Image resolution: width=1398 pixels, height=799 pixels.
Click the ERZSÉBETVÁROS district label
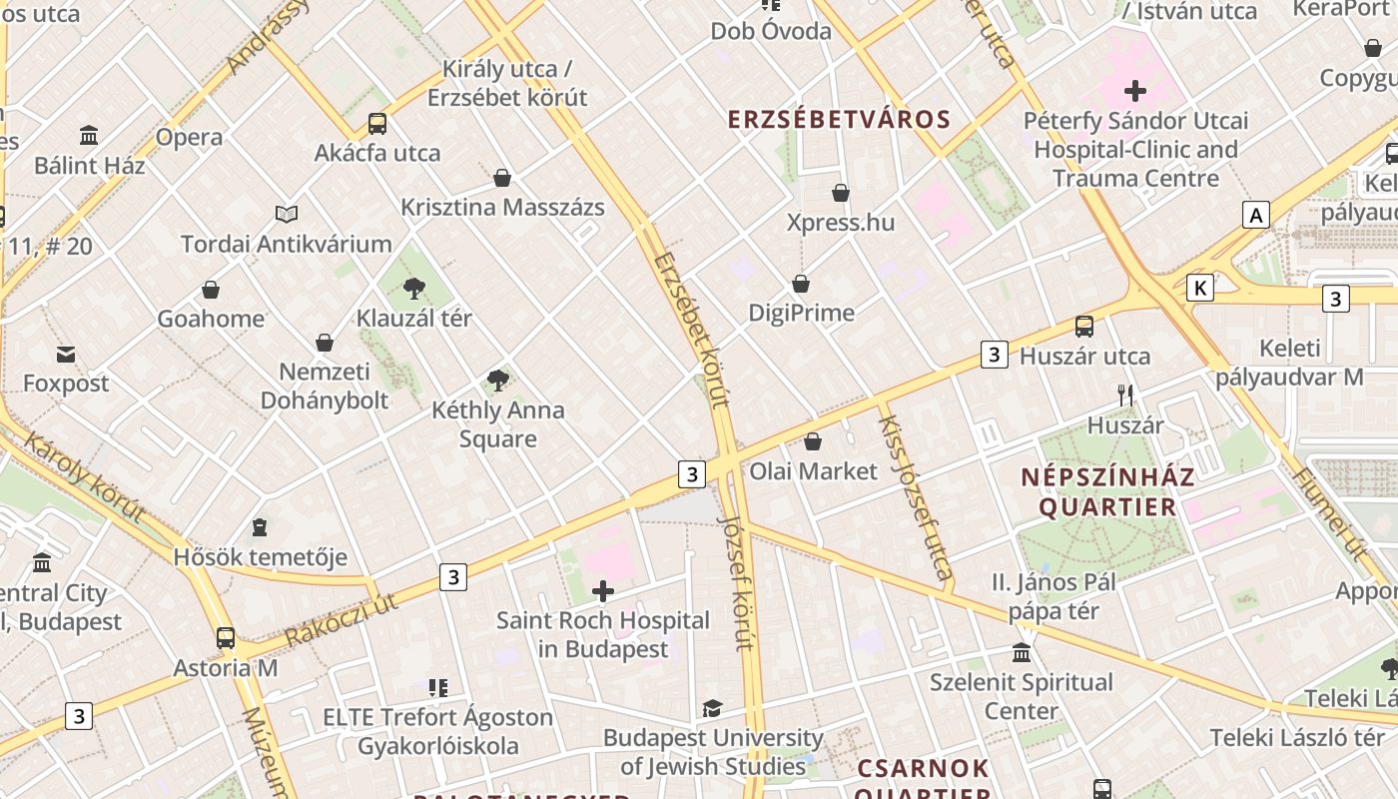coord(839,120)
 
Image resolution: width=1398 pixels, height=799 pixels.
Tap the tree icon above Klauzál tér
coord(413,290)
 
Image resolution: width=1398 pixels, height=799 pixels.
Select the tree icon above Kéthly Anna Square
coord(497,381)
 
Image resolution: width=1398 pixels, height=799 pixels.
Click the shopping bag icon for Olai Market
coord(813,441)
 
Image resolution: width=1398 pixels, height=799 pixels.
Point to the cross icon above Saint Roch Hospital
coord(603,591)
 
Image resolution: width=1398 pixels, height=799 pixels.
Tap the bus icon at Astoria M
coord(226,638)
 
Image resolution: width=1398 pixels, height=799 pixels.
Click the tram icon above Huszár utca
coord(1084,327)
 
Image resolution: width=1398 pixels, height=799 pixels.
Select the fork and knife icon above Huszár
coord(1125,396)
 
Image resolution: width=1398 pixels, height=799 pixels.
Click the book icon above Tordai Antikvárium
coord(287,214)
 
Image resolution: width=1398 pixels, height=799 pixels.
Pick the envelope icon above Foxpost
coord(66,354)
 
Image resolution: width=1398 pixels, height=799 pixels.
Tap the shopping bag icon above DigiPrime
coord(801,284)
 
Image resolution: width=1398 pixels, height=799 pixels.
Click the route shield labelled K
coord(1200,289)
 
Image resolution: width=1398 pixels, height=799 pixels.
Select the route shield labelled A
coord(1256,215)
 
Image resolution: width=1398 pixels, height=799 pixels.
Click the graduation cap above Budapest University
coord(712,709)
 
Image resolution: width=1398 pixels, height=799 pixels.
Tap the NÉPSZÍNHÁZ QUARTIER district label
coord(1107,491)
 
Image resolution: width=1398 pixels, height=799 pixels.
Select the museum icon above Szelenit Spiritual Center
coord(1022,653)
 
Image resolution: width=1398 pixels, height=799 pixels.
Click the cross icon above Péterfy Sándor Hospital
coord(1135,92)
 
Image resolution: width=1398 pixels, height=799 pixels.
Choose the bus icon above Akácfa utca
coord(377,124)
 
